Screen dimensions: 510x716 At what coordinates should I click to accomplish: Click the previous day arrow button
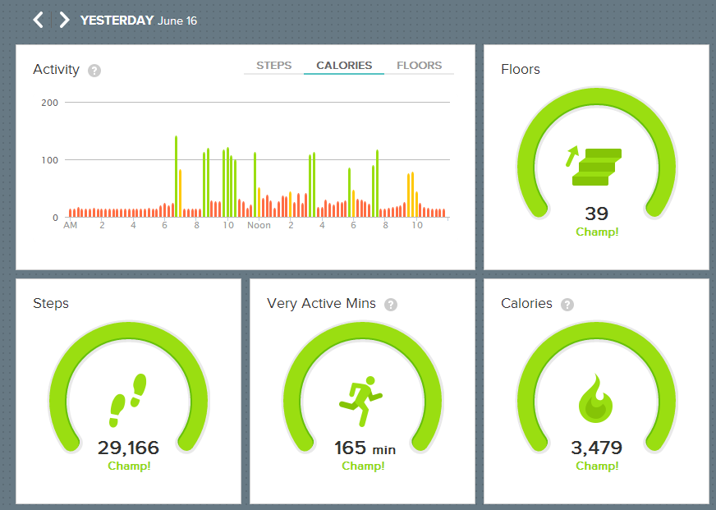point(38,20)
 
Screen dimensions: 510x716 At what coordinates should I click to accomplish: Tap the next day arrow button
point(64,20)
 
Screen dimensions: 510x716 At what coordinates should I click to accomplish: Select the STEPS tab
point(273,66)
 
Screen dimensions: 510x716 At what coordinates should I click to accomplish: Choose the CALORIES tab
point(344,66)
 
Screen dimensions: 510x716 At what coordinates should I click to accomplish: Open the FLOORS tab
point(419,66)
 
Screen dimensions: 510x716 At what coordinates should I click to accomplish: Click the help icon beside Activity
point(94,71)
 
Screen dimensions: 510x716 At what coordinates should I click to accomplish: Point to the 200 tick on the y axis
point(49,103)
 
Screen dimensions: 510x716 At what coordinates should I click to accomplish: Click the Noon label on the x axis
point(259,225)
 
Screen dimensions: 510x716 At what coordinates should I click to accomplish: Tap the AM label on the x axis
point(71,225)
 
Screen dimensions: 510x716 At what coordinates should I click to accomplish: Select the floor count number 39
point(596,214)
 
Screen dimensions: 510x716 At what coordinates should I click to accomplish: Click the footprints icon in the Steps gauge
point(128,400)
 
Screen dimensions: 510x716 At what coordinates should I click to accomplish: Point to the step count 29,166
point(128,448)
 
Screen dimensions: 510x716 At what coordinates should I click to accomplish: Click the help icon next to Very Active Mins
point(391,305)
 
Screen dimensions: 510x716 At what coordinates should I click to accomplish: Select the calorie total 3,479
point(596,448)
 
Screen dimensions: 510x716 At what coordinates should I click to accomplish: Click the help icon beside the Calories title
point(567,305)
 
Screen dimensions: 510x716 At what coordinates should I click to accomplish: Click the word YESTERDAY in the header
point(117,21)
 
